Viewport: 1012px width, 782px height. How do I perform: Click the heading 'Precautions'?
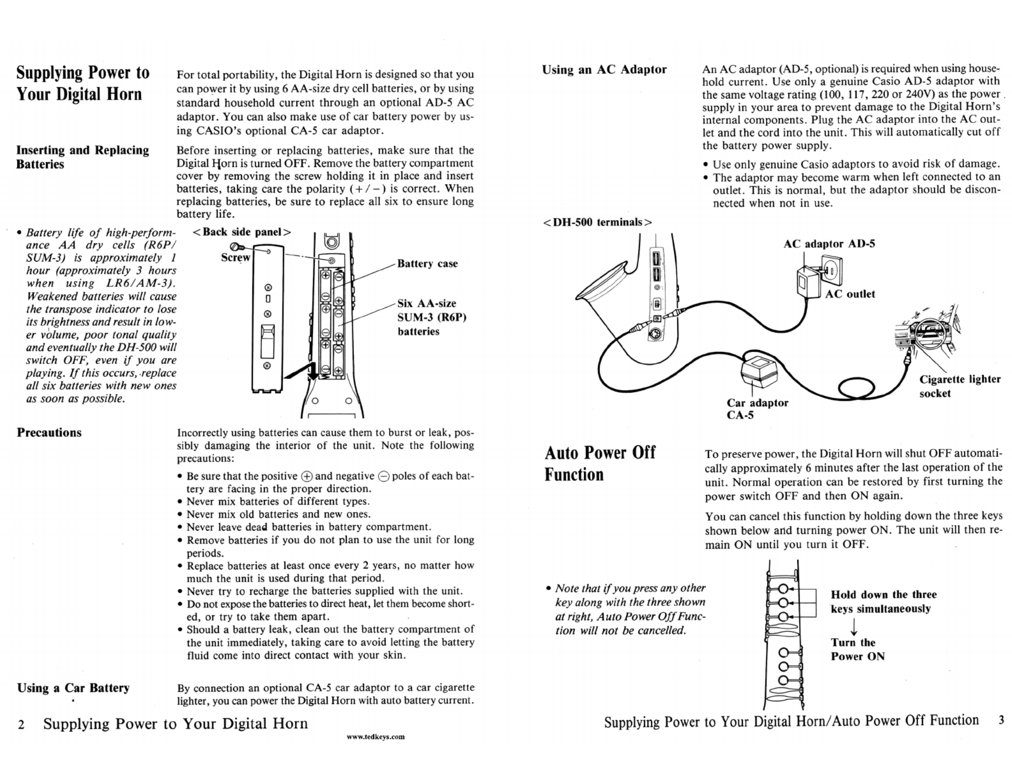tap(49, 433)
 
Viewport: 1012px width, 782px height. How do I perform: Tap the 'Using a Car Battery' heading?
tap(73, 688)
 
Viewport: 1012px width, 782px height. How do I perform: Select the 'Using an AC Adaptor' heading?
tap(604, 70)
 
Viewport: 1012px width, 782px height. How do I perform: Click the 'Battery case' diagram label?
tap(427, 264)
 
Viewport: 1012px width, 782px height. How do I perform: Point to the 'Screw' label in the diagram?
tap(235, 257)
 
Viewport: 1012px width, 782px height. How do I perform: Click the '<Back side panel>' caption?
tap(242, 232)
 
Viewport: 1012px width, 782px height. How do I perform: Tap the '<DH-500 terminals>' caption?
tap(598, 222)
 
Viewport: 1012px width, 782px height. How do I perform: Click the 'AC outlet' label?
tap(850, 294)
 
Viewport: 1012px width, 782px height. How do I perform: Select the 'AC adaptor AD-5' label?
tap(829, 244)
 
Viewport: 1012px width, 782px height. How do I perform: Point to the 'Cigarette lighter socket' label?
tap(959, 386)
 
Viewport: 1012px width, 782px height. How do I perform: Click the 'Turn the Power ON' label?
tap(857, 649)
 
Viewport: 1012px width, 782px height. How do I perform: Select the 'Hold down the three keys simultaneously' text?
tap(883, 601)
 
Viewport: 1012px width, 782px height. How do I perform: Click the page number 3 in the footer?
tap(1001, 721)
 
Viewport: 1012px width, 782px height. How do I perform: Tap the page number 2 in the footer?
tap(21, 724)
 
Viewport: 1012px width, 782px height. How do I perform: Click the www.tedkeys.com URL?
tap(375, 737)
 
